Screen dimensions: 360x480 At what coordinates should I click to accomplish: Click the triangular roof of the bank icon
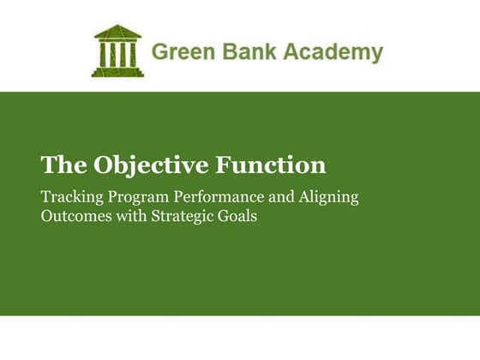(x=117, y=33)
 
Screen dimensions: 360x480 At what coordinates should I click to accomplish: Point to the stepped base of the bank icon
(x=117, y=72)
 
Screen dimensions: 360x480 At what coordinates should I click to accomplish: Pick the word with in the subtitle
(x=128, y=216)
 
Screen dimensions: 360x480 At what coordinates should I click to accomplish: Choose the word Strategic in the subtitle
(x=182, y=216)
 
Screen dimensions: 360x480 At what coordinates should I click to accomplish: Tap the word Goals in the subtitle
(x=237, y=216)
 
